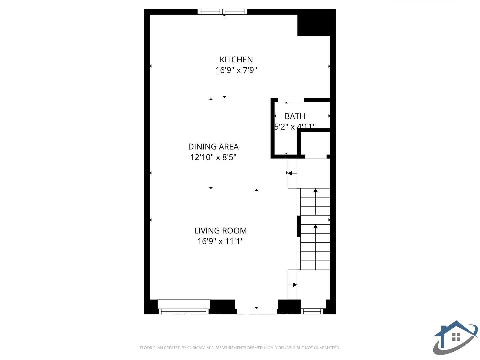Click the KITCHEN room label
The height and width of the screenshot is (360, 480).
[x=236, y=60]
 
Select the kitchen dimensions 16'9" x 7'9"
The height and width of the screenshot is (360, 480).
[x=236, y=70]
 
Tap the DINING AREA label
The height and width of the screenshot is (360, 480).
[x=213, y=147]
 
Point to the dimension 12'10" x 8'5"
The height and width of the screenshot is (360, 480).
[x=213, y=157]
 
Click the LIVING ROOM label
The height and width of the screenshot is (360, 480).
[x=220, y=231]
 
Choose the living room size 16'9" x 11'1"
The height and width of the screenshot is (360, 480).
[x=220, y=241]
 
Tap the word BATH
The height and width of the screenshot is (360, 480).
[x=295, y=116]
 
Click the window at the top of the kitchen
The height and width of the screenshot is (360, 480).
[x=222, y=12]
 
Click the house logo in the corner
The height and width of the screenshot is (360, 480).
[x=455, y=337]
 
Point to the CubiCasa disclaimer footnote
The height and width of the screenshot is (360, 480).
[x=240, y=348]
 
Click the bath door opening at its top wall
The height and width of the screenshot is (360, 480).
[x=291, y=100]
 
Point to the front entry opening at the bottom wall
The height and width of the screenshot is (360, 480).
[x=256, y=308]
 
